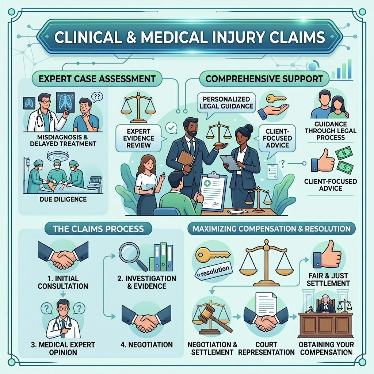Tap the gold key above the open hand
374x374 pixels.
coord(276,99)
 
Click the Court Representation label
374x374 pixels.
coord(266,348)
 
